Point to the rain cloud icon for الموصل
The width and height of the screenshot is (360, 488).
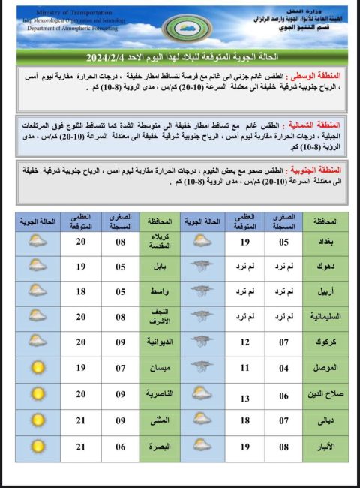click(x=201, y=368)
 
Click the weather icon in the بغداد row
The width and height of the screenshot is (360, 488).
click(x=201, y=242)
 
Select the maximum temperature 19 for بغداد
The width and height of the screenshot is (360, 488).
click(x=245, y=242)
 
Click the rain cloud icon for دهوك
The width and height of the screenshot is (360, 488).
click(x=201, y=266)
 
